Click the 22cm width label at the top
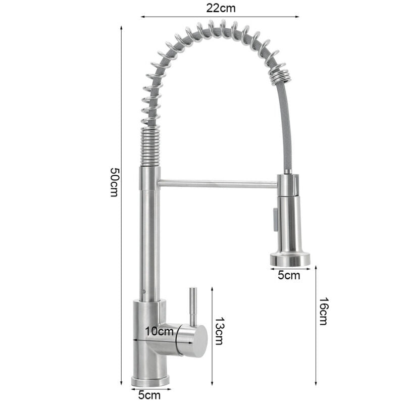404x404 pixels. [x=220, y=8]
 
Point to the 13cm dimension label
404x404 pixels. [x=219, y=331]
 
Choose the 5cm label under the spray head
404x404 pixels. [x=289, y=275]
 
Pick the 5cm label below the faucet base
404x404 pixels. [x=149, y=395]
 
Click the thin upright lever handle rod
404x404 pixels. [x=193, y=306]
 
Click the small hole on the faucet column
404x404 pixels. [x=144, y=292]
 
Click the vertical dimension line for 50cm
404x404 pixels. [x=122, y=202]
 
